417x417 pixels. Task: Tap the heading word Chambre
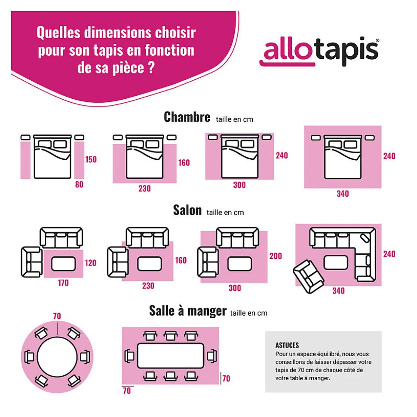[187, 117]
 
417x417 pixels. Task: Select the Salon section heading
[187, 210]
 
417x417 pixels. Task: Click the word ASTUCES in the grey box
[287, 345]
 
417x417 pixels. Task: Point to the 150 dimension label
[91, 160]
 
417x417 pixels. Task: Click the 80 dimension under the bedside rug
[79, 184]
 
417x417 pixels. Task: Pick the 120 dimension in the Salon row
[91, 263]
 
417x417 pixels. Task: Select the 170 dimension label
[63, 283]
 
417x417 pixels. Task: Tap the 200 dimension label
[276, 256]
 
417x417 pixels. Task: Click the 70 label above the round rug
[57, 316]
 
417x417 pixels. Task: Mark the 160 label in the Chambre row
[184, 163]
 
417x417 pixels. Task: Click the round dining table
[57, 357]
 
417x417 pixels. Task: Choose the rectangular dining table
[171, 356]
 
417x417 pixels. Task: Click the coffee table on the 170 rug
[63, 264]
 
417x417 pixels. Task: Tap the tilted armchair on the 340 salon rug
[308, 277]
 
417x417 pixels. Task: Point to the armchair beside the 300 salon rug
[208, 262]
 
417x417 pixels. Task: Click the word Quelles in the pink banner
[58, 33]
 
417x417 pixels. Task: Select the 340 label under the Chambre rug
[343, 194]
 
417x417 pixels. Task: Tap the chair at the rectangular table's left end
[129, 356]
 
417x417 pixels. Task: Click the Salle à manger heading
[188, 310]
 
